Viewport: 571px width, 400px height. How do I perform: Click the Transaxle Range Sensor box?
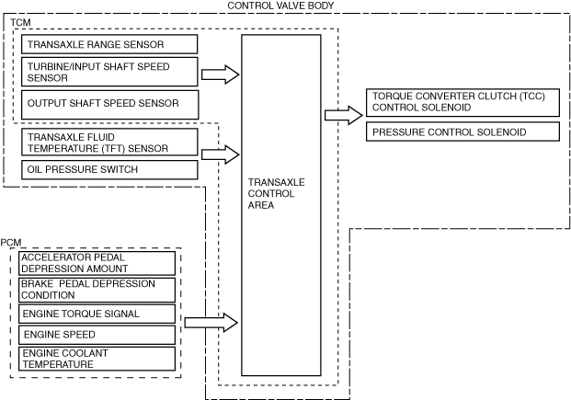tap(109, 44)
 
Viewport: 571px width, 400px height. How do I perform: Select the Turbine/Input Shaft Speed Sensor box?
tap(109, 72)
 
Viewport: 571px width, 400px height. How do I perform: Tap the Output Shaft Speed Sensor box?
tap(110, 105)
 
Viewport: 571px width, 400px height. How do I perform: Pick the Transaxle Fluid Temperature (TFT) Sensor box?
tap(109, 143)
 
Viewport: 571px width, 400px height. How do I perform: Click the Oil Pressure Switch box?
tap(109, 170)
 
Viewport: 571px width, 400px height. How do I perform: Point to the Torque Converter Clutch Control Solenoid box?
tap(463, 102)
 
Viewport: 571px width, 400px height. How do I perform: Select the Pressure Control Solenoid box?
tap(463, 131)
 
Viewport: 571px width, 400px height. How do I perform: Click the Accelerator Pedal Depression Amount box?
tap(97, 263)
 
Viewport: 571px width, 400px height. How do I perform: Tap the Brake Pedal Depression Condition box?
tap(97, 290)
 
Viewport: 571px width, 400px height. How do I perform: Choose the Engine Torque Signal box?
tap(97, 314)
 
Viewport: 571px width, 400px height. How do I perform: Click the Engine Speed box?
tap(97, 335)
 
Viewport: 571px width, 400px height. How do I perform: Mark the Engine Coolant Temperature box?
tap(97, 359)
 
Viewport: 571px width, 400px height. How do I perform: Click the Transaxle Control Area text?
tap(276, 193)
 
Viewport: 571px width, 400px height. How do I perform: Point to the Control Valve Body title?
tap(280, 6)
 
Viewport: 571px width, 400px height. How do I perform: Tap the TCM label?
tap(20, 23)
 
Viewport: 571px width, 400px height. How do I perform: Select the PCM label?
tap(11, 242)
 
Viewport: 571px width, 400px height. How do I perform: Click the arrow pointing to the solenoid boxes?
tap(344, 116)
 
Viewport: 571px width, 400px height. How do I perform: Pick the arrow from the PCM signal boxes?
tap(211, 323)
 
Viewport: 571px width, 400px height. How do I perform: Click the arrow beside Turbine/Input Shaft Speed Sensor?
tap(221, 74)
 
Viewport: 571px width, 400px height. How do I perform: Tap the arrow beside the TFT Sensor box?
tap(221, 154)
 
